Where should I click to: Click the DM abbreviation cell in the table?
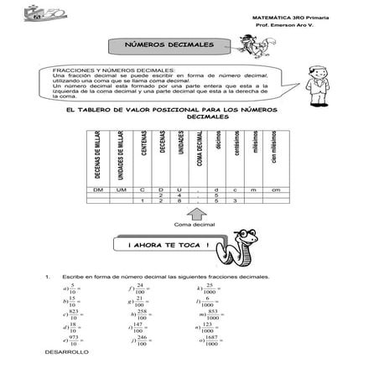tap(98, 190)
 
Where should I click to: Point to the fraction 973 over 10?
tap(74, 341)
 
